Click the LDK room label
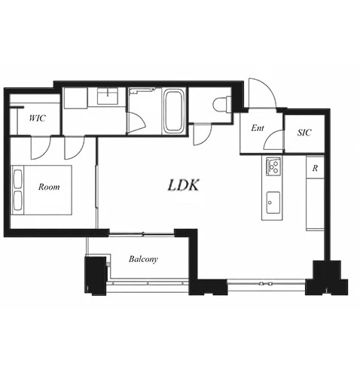pyautogui.click(x=183, y=185)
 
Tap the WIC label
pyautogui.click(x=38, y=118)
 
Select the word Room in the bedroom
pyautogui.click(x=49, y=187)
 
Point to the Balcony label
pyautogui.click(x=143, y=259)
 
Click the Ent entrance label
pyautogui.click(x=258, y=128)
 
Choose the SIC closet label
pyautogui.click(x=304, y=133)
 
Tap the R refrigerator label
pyautogui.click(x=315, y=168)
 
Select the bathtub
pyautogui.click(x=173, y=111)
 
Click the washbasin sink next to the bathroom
pyautogui.click(x=108, y=96)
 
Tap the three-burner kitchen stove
pyautogui.click(x=273, y=166)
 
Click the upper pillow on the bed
pyautogui.click(x=17, y=179)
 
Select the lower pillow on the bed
pyautogui.click(x=17, y=201)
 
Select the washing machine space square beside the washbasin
pyautogui.click(x=75, y=98)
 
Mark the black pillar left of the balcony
pyautogui.click(x=96, y=275)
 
